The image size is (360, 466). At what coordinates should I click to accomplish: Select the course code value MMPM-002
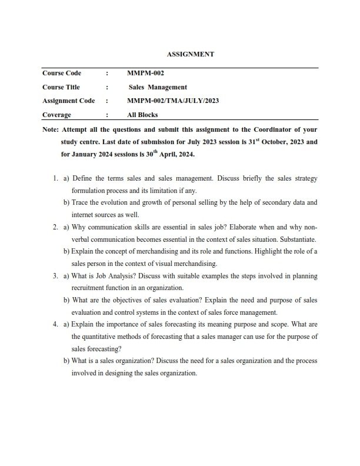pyautogui.click(x=145, y=74)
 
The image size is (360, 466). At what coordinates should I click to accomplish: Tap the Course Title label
pyautogui.click(x=61, y=87)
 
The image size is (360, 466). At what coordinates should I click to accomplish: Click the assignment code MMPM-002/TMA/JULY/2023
pyautogui.click(x=173, y=101)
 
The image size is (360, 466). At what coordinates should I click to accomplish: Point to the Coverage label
pyautogui.click(x=56, y=115)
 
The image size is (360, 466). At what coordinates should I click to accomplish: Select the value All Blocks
pyautogui.click(x=142, y=115)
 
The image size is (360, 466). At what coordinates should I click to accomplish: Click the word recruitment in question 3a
pyautogui.click(x=89, y=288)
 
